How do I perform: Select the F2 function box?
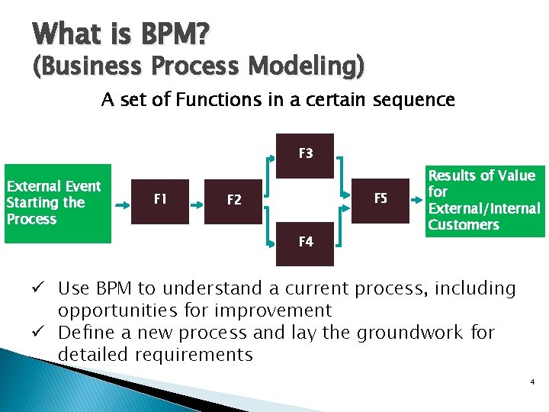point(233,201)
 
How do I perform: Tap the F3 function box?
point(305,155)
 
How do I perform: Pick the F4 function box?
point(305,243)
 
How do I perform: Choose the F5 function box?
point(380,200)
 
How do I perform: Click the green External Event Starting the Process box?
point(58,203)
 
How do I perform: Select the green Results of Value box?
point(484,200)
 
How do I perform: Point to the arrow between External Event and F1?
point(123,203)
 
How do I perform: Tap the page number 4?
point(531,381)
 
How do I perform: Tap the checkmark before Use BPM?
point(46,289)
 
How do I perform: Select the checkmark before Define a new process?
point(46,333)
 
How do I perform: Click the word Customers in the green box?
point(464,225)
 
